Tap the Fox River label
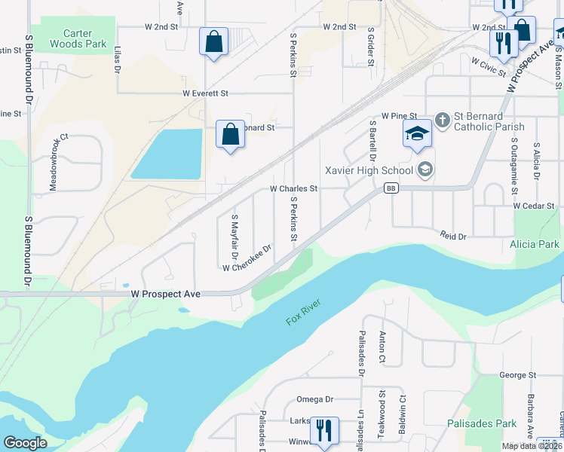coord(304,312)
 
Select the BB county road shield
coord(390,188)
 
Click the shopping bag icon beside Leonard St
coord(230,135)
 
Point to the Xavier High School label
coord(368,170)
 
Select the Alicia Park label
coord(534,244)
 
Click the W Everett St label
coord(205,93)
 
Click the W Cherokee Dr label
coord(247,258)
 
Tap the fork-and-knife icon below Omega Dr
coord(323,431)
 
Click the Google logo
coord(26,443)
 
